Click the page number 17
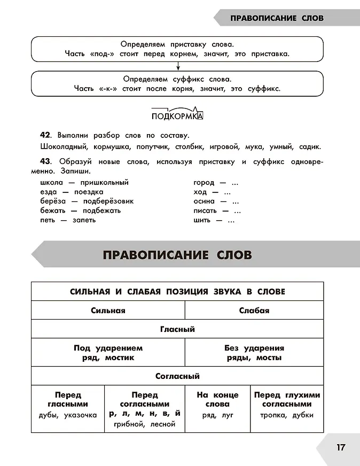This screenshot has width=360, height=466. [341, 447]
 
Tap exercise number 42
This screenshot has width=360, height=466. [45, 135]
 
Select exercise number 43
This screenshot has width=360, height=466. [45, 161]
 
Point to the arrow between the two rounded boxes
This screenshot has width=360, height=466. [177, 67]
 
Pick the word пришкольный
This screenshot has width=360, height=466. [104, 182]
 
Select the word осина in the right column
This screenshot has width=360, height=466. [204, 201]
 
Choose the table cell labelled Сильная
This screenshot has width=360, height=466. [108, 310]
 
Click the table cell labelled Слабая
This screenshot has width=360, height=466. [254, 310]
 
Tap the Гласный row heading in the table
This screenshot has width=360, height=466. [177, 329]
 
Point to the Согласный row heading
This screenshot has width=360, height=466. [177, 376]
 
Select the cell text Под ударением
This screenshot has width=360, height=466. [108, 348]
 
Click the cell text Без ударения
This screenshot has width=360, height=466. [254, 348]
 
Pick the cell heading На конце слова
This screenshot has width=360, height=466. [217, 399]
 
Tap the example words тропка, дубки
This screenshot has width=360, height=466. [287, 415]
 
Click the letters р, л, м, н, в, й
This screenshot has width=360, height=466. [144, 414]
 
